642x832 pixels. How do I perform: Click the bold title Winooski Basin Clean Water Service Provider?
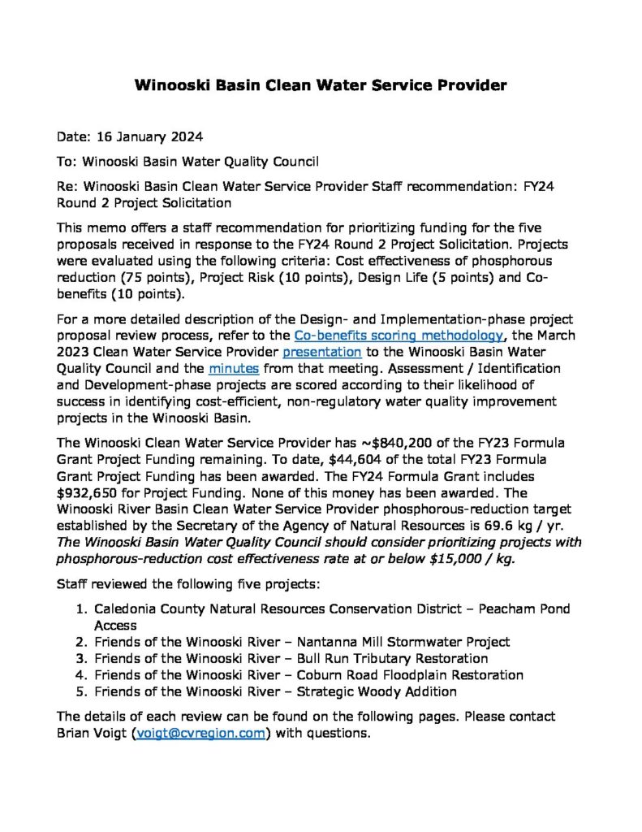pos(321,84)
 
